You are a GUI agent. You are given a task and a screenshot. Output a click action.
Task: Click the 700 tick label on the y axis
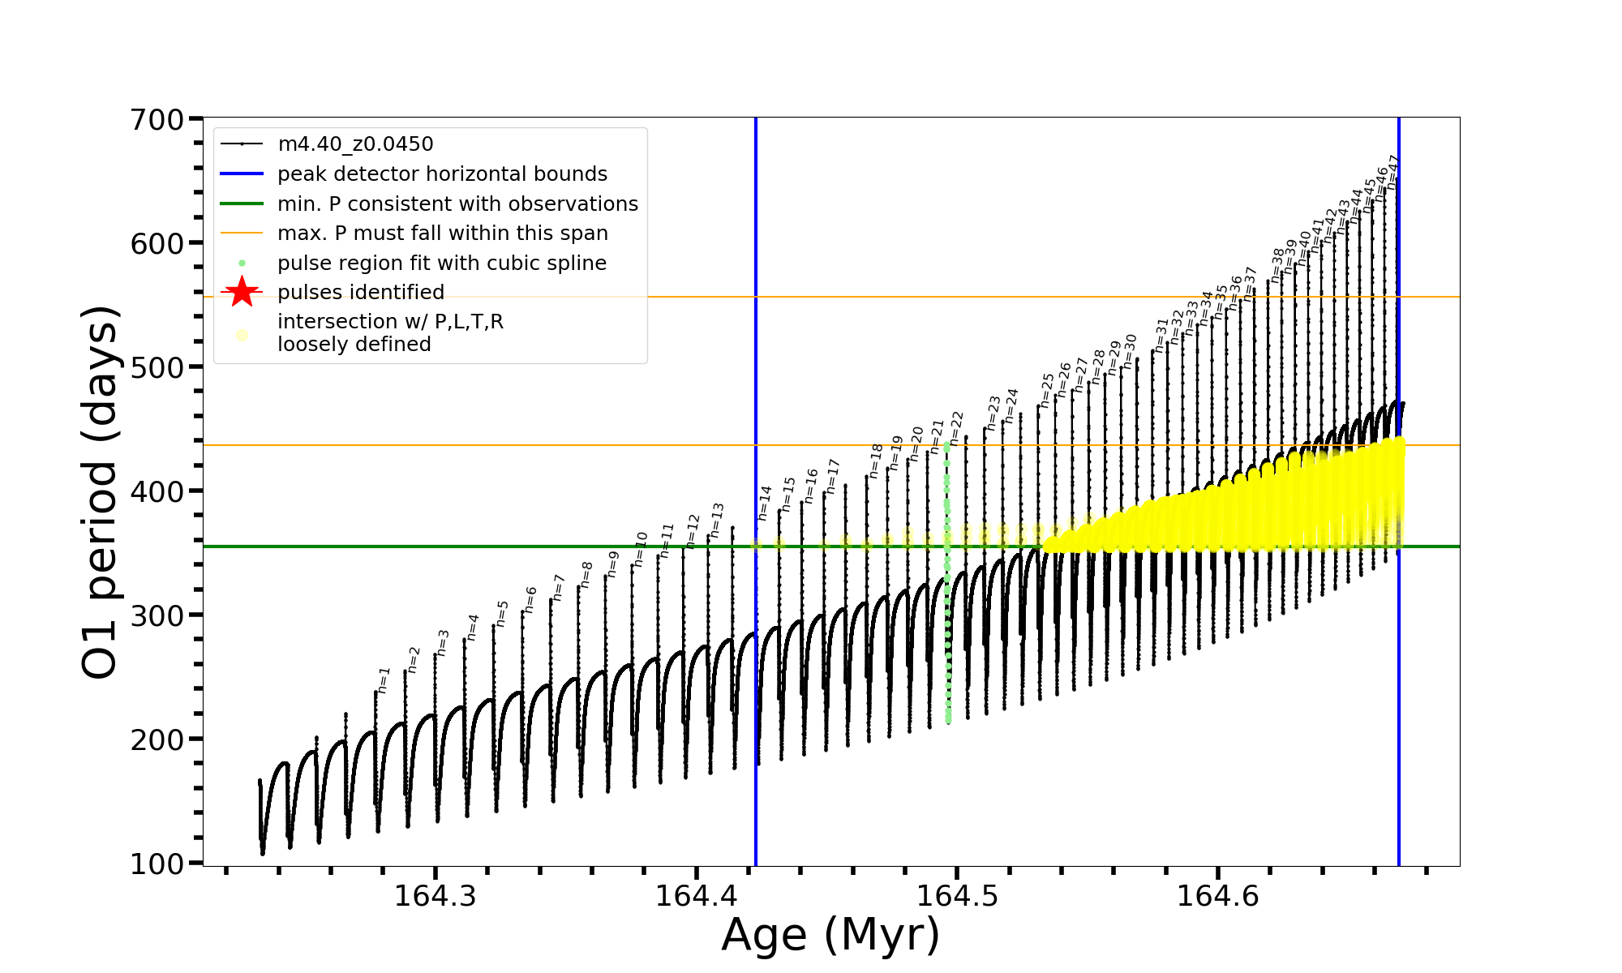157,120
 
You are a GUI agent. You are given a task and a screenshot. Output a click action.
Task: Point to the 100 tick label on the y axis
157,864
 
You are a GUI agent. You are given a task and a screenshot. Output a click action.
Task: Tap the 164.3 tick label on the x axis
436,896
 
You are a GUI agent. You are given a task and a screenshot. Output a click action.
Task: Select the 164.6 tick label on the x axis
1217,896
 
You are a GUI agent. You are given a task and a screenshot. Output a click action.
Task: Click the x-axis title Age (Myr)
830,935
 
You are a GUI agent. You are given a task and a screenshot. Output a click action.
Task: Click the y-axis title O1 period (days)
101,492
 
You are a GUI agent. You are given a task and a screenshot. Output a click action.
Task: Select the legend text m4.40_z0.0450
355,144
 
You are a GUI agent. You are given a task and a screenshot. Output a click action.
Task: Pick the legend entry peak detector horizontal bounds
442,174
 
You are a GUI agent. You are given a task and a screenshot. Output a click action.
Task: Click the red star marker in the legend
242,292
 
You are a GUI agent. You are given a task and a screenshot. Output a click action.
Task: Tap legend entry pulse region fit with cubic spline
442,264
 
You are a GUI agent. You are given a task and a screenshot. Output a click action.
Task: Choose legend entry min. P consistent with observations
457,204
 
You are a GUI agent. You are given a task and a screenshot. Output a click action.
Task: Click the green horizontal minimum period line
487,547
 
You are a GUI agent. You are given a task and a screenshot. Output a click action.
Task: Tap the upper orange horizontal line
892,297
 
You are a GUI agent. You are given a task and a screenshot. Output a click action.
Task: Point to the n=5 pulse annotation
503,613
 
